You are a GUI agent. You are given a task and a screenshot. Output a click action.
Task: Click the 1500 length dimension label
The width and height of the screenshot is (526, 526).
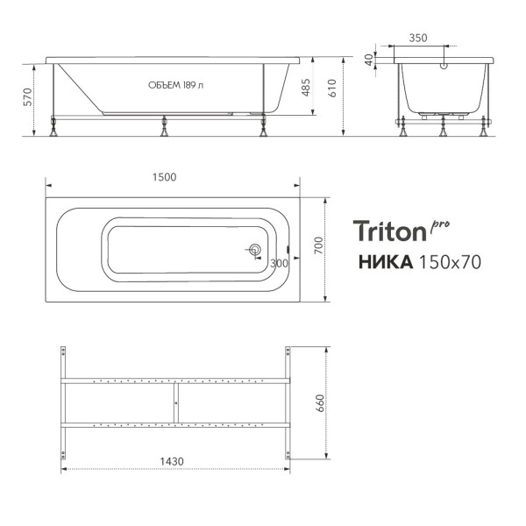[164, 176]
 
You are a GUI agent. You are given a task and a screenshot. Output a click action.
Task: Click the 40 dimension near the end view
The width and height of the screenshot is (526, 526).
[369, 60]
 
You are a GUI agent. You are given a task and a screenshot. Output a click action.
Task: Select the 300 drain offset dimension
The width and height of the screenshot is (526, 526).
[279, 263]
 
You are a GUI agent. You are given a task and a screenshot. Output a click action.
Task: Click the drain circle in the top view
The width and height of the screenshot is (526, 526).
[254, 251]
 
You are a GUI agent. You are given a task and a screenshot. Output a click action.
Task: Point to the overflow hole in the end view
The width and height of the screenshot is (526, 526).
[443, 65]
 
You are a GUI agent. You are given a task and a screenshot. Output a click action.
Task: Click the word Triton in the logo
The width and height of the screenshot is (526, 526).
[389, 231]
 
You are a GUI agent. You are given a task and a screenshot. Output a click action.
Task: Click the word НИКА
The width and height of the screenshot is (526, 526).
[385, 262]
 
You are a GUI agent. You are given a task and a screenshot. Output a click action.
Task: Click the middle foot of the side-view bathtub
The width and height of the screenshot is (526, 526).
[164, 130]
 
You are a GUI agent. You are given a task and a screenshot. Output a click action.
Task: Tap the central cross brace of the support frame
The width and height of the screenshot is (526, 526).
[175, 402]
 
